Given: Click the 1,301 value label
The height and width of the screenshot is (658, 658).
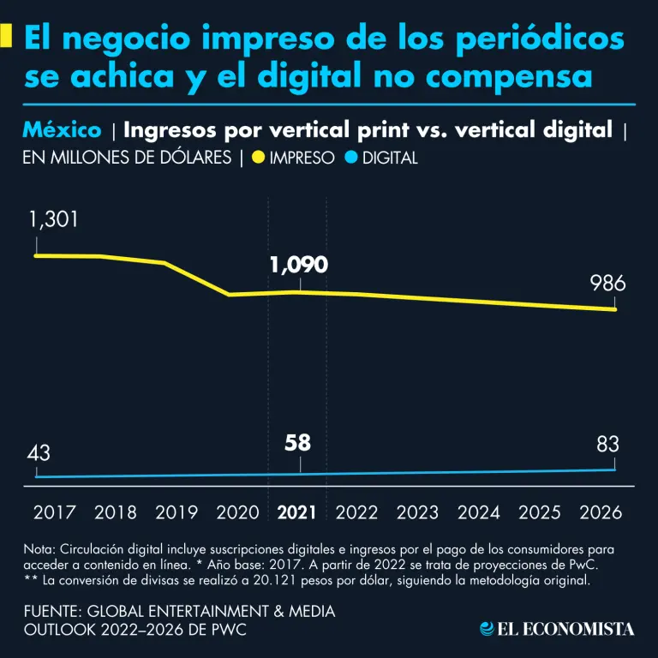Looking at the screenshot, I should pos(53,219).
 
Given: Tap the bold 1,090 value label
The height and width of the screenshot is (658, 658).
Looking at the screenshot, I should pos(298,265).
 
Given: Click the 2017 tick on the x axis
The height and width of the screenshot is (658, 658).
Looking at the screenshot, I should pos(54,512).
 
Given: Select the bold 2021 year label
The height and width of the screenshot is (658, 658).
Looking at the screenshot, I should pos(297,512).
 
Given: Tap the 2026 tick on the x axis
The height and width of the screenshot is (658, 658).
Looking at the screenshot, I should pos(600,512).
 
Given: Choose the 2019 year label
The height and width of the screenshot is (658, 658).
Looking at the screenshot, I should pos(176,512).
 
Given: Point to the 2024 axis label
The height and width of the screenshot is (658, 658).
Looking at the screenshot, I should pos(479,512).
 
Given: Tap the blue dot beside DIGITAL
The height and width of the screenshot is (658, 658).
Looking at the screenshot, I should pos(350,158).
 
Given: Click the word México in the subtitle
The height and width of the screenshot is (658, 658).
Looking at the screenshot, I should pos(61,130).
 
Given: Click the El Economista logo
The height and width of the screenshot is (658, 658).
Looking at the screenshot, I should pos(557,629).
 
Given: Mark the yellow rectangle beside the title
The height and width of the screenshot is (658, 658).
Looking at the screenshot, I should pos(7,36).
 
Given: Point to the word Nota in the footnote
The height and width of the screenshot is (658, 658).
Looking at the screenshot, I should pos(39,548).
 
